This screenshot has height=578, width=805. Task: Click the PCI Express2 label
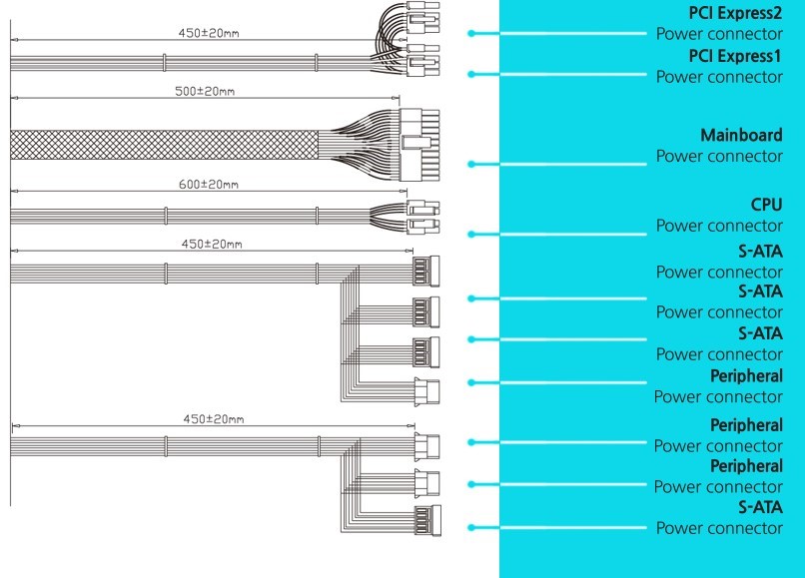click(735, 14)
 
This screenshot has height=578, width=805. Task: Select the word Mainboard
click(741, 136)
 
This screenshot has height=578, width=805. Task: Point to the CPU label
click(766, 205)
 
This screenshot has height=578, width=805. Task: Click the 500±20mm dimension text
click(204, 91)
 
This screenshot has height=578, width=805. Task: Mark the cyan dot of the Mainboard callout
click(470, 164)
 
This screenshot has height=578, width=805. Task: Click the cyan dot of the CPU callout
click(470, 235)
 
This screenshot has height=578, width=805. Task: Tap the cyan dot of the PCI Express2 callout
click(470, 33)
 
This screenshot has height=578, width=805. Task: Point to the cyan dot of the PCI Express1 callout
click(470, 74)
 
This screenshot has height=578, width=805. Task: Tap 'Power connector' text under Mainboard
click(719, 157)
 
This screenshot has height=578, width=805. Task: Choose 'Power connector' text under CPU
click(719, 226)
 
